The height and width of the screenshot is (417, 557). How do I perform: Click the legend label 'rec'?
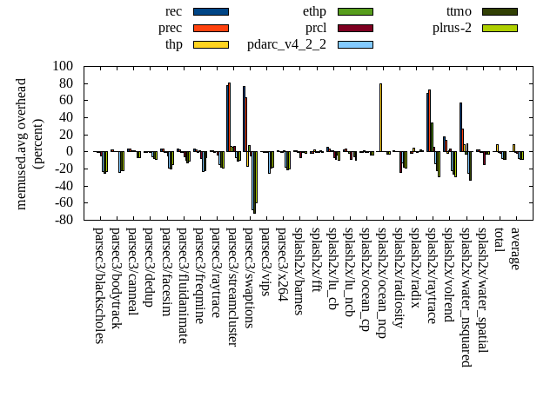[173, 11]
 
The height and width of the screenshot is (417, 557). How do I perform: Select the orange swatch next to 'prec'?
[211, 28]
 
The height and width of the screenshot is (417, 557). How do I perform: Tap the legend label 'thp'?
[173, 44]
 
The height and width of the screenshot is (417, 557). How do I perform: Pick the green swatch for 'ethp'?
[355, 11]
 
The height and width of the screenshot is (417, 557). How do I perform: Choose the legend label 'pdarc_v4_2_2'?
[286, 44]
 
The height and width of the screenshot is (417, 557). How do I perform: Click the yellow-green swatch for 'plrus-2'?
[500, 28]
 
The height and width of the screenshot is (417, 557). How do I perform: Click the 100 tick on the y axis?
[63, 66]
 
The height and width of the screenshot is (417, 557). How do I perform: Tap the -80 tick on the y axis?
[63, 220]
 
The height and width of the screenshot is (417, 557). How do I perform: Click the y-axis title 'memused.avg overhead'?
[22, 143]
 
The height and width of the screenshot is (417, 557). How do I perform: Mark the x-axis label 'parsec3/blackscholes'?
[98, 285]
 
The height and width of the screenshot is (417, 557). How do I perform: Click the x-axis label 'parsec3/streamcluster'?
[232, 288]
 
